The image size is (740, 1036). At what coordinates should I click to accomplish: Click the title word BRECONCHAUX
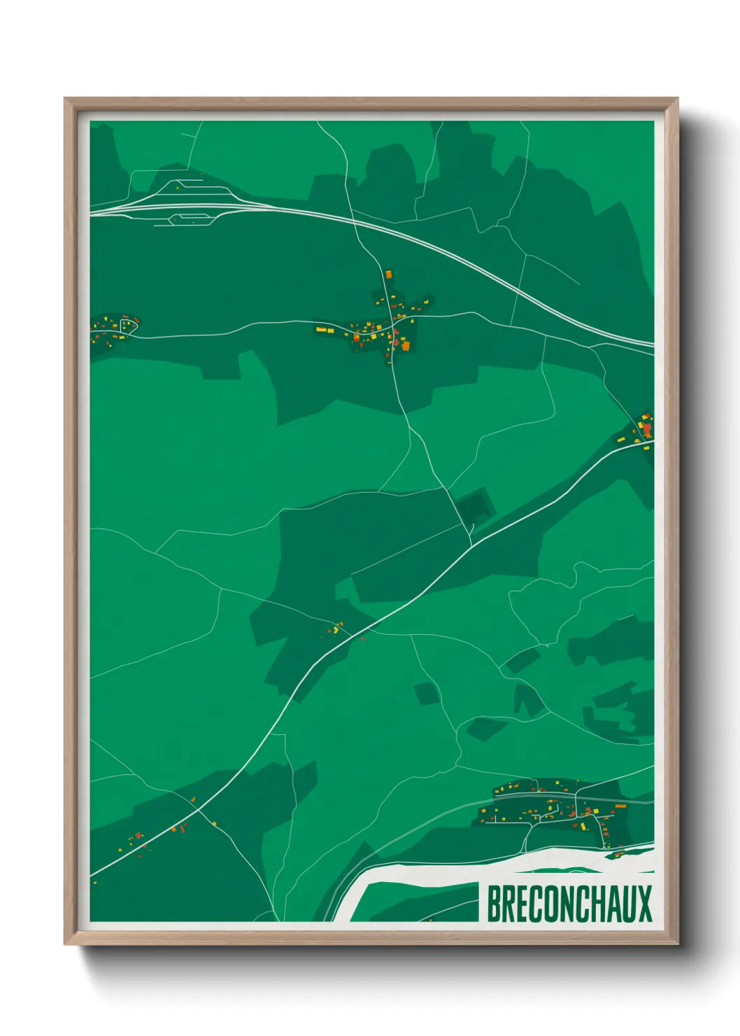(569, 903)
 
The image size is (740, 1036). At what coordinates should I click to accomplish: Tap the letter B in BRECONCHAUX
(494, 903)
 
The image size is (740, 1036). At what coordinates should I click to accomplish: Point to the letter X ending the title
(644, 903)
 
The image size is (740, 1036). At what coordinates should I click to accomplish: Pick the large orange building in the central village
(405, 346)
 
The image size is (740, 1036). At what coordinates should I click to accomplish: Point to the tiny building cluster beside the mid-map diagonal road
(336, 628)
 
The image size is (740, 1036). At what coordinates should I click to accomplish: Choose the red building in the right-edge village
(647, 428)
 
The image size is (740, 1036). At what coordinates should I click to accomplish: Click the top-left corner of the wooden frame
(66, 99)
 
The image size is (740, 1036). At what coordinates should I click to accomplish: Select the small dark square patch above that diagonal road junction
(474, 505)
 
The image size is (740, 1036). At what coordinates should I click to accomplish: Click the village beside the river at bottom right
(553, 808)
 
